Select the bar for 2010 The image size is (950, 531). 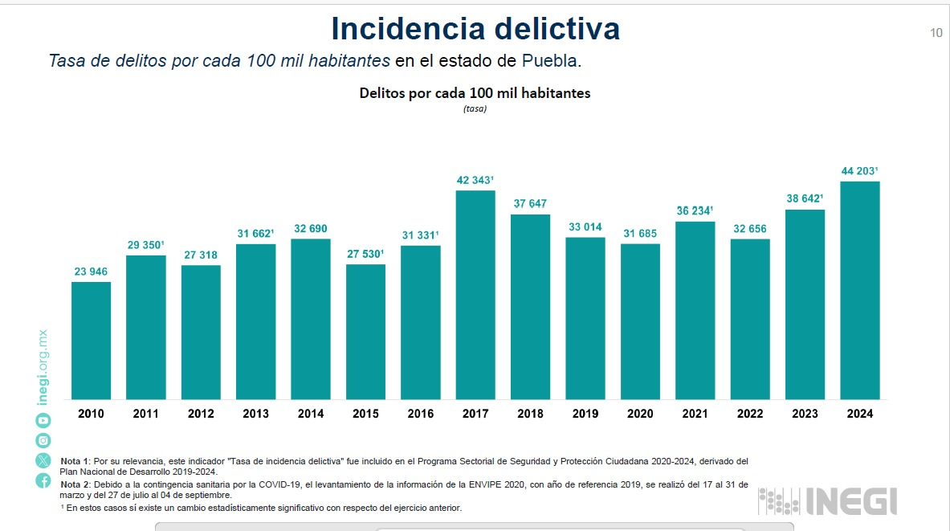pos(91,341)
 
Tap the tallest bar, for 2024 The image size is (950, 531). pos(859,290)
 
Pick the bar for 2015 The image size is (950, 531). pos(365,332)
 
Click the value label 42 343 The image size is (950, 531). pos(474,180)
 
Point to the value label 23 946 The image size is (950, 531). pos(91,272)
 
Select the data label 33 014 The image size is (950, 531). pos(584,227)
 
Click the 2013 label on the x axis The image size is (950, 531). pos(255,414)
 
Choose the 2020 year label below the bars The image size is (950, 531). pos(640,414)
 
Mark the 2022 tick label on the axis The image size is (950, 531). pos(750,414)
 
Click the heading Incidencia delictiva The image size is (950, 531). pos(475,29)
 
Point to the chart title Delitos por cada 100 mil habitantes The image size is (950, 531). pos(475,93)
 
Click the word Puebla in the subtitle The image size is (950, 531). pos(550,61)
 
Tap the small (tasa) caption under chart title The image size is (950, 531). pos(475,109)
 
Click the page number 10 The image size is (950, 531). pos(936,33)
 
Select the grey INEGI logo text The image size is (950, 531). pos(850,500)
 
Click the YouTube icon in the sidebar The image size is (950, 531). pos(43,420)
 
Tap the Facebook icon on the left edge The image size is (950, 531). pos(43,480)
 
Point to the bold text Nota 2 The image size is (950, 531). pos(75,484)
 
